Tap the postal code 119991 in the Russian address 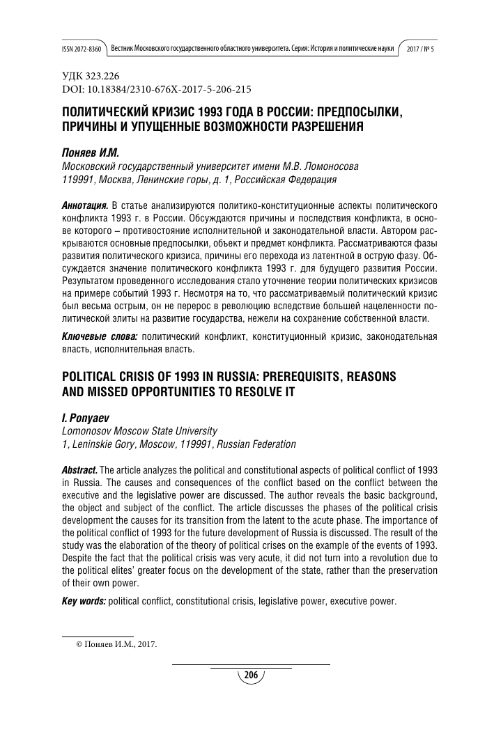77,178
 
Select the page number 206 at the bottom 252,675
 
